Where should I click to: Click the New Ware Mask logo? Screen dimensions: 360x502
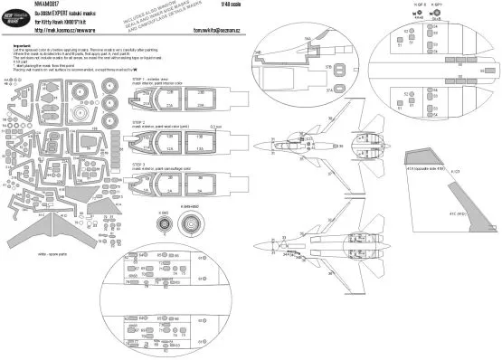pyautogui.click(x=19, y=16)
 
